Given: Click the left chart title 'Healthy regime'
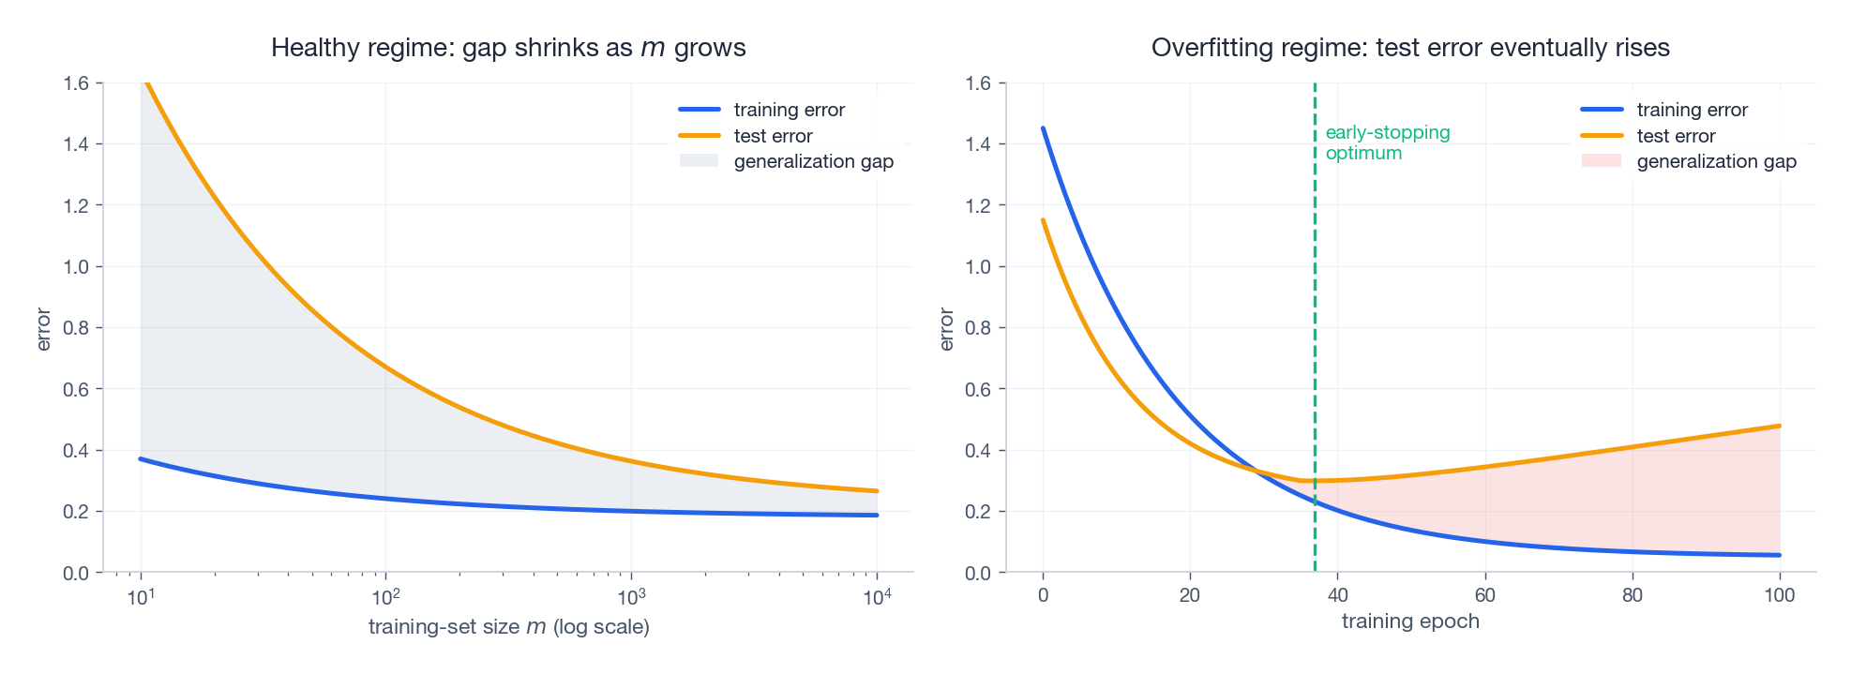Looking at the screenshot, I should coord(507,48).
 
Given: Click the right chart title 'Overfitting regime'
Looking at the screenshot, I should coord(1409,48).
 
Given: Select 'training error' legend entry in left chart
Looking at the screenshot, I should coord(789,110).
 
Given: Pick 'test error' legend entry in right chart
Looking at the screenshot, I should coord(1675,136).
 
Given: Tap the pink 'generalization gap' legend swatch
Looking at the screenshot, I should coord(1601,161).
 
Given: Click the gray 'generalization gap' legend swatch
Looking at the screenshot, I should coord(699,161).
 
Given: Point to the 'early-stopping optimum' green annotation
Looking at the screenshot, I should coord(1387,142).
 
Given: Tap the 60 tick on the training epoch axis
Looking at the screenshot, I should coord(1484,595).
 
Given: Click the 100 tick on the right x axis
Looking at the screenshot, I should coord(1779,595).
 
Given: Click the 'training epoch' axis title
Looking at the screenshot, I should coord(1409,622).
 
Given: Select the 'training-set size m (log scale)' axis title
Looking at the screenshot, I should coord(508,626).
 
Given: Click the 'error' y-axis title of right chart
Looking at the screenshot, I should coord(946,329).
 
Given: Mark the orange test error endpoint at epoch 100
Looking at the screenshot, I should coord(1779,427).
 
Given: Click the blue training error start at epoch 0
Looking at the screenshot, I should coord(1043,128).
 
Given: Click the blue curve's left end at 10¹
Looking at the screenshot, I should coord(141,458).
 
